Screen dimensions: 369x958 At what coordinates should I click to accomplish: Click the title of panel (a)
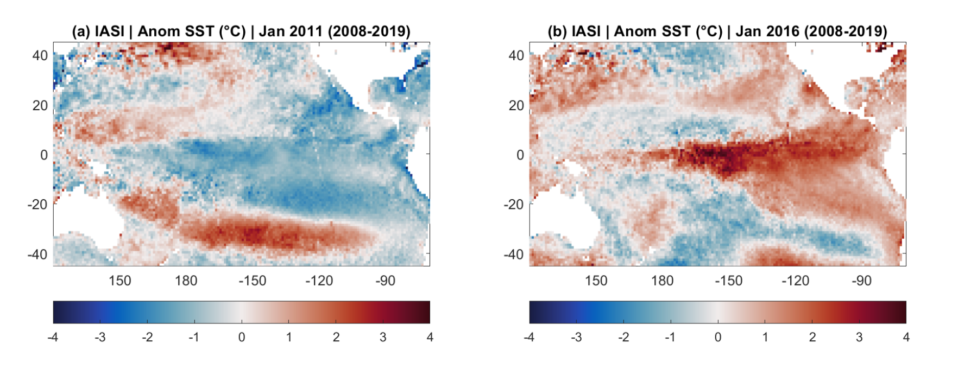coord(241,31)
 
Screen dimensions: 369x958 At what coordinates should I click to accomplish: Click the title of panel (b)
coord(717,31)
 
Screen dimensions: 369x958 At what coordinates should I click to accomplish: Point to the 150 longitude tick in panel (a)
coord(119,281)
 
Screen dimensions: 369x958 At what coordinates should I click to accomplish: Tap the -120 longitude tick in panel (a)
coord(319,281)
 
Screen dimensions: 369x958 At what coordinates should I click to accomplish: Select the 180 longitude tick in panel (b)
coord(662,281)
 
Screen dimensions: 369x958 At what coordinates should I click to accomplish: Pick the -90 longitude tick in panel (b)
coord(861,281)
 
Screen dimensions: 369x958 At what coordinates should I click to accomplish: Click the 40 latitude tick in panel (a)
coord(40,55)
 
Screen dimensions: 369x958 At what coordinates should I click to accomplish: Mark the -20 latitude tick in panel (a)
coord(38,205)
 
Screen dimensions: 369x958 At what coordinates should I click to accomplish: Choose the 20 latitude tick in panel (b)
coord(516,105)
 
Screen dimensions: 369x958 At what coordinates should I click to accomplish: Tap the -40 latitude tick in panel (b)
coord(514,254)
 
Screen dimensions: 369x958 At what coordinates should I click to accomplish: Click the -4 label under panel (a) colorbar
coord(53,338)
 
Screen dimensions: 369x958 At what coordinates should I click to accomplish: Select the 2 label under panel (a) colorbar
coord(336,338)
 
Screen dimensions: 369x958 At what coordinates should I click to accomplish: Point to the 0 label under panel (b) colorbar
coord(718,338)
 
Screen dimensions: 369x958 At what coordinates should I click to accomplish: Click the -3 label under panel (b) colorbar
coord(576,338)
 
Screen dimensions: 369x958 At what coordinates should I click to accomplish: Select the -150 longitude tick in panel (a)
coord(252,281)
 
